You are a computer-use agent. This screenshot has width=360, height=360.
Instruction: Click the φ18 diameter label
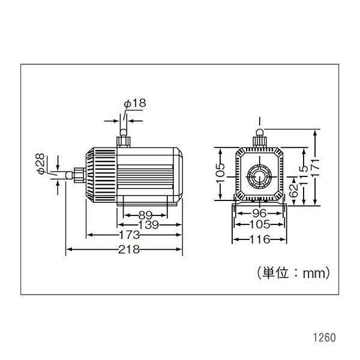pos(135,103)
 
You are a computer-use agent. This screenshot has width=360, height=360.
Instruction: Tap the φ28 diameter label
pos(41,164)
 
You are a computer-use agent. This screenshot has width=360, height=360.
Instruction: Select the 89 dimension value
pos(145,215)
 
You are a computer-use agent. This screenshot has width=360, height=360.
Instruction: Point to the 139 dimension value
pos(148,225)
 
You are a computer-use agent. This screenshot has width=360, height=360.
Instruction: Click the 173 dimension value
pos(130,235)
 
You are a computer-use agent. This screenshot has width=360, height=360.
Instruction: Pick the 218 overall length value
pos(129,249)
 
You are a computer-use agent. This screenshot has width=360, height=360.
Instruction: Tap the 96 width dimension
pos(259,214)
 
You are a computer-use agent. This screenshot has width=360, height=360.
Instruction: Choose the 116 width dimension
pos(260,239)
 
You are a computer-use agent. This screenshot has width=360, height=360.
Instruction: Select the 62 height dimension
pos(293,190)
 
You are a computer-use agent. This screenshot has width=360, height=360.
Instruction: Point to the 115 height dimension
pos(304,175)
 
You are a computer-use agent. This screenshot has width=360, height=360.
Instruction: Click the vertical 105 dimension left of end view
pos(221,173)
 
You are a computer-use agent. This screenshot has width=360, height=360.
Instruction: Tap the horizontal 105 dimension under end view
pos(260,224)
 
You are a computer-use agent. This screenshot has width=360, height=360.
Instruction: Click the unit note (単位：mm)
pos(293,273)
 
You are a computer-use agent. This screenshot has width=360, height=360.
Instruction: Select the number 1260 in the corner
pos(325,338)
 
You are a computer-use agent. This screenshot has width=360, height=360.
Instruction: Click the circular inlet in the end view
pos(259,176)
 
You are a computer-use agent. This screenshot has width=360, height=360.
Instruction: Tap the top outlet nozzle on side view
pos(123,138)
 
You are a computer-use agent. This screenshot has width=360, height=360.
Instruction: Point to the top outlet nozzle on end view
pos(259,138)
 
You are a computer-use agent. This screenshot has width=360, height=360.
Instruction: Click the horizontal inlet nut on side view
pos(80,175)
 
